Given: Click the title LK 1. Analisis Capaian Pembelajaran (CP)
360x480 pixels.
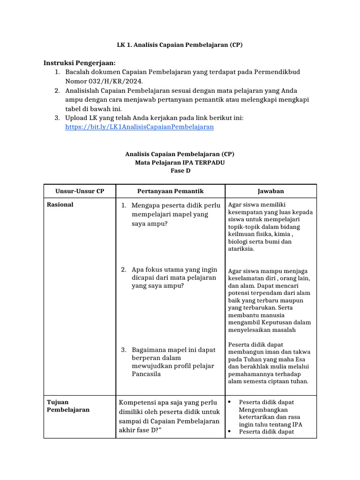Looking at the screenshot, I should point(180,45).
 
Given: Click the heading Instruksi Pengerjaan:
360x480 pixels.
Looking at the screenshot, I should point(79,63).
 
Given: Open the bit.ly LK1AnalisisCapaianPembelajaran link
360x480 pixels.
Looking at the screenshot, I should point(139,127).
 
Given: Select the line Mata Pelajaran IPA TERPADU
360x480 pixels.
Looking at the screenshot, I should point(180,162).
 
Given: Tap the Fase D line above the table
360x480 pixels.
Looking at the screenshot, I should point(180,171).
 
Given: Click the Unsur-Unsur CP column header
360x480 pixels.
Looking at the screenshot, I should point(79,191).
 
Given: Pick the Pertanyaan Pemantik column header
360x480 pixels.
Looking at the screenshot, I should point(170,191).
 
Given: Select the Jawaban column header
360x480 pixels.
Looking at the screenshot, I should point(270,191).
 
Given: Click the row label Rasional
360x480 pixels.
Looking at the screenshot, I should point(60,205).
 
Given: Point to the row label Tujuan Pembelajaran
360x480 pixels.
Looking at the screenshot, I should point(68,406).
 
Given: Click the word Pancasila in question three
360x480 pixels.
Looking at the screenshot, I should point(146,374).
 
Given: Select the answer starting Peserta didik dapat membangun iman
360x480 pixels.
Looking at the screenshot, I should point(269,363).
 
